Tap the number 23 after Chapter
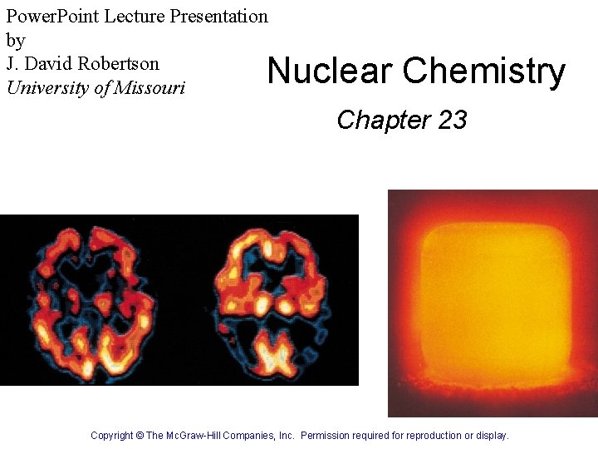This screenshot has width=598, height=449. point(452,121)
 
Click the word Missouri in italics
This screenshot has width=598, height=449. point(150,87)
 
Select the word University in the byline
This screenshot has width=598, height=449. point(48,87)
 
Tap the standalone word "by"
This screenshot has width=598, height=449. point(16,40)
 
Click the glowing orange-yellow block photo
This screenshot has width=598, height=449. point(493,303)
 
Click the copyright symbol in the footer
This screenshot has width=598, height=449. point(140,435)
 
